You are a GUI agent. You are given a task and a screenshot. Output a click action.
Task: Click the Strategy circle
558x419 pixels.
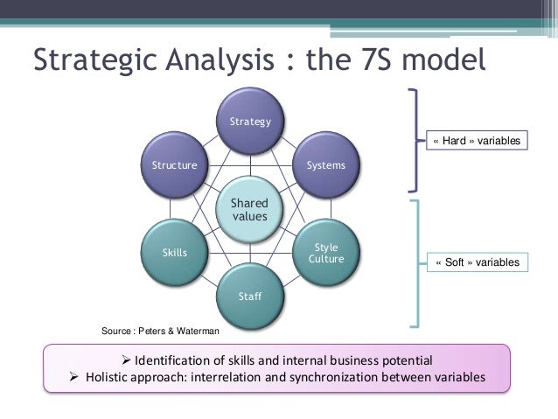[x=250, y=122]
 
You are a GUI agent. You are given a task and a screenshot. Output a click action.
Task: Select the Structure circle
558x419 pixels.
[x=174, y=165]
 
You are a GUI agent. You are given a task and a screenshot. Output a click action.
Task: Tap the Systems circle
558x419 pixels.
[x=325, y=165]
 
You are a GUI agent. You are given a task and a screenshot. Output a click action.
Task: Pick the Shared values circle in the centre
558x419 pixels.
[x=249, y=209]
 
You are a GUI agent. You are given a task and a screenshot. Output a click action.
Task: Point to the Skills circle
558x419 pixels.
[x=174, y=253]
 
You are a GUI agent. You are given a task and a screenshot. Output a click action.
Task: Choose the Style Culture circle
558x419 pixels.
[x=325, y=253]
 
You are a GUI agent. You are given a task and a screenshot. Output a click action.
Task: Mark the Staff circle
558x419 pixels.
[x=250, y=297]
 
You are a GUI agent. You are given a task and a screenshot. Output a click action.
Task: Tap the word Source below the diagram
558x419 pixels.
[x=116, y=331]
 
